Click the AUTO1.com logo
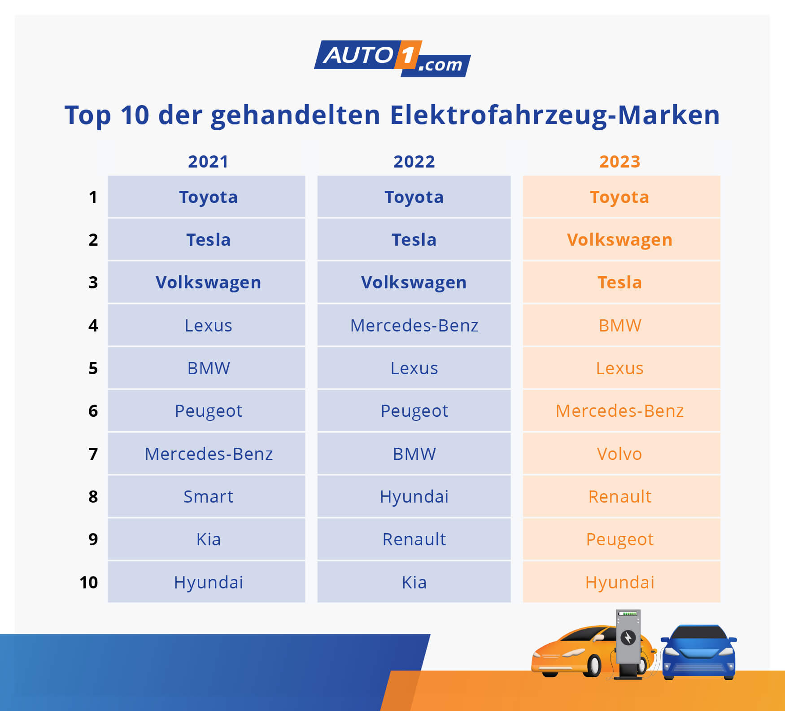[x=392, y=58]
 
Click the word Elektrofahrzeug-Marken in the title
[x=554, y=115]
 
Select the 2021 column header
[x=208, y=162]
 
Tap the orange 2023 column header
[x=619, y=162]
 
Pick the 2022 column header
[x=414, y=162]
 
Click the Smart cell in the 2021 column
[x=208, y=496]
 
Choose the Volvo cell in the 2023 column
[x=619, y=454]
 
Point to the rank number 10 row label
[x=89, y=583]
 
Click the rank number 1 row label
[x=93, y=197]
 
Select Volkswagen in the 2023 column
[x=619, y=240]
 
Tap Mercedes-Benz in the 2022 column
[x=414, y=325]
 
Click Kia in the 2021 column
[x=208, y=539]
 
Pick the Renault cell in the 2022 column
[x=414, y=539]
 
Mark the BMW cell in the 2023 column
[x=619, y=325]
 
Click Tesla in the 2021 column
[x=208, y=240]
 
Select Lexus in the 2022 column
[x=414, y=368]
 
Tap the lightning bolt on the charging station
[x=628, y=637]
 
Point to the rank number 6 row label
[x=93, y=411]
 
